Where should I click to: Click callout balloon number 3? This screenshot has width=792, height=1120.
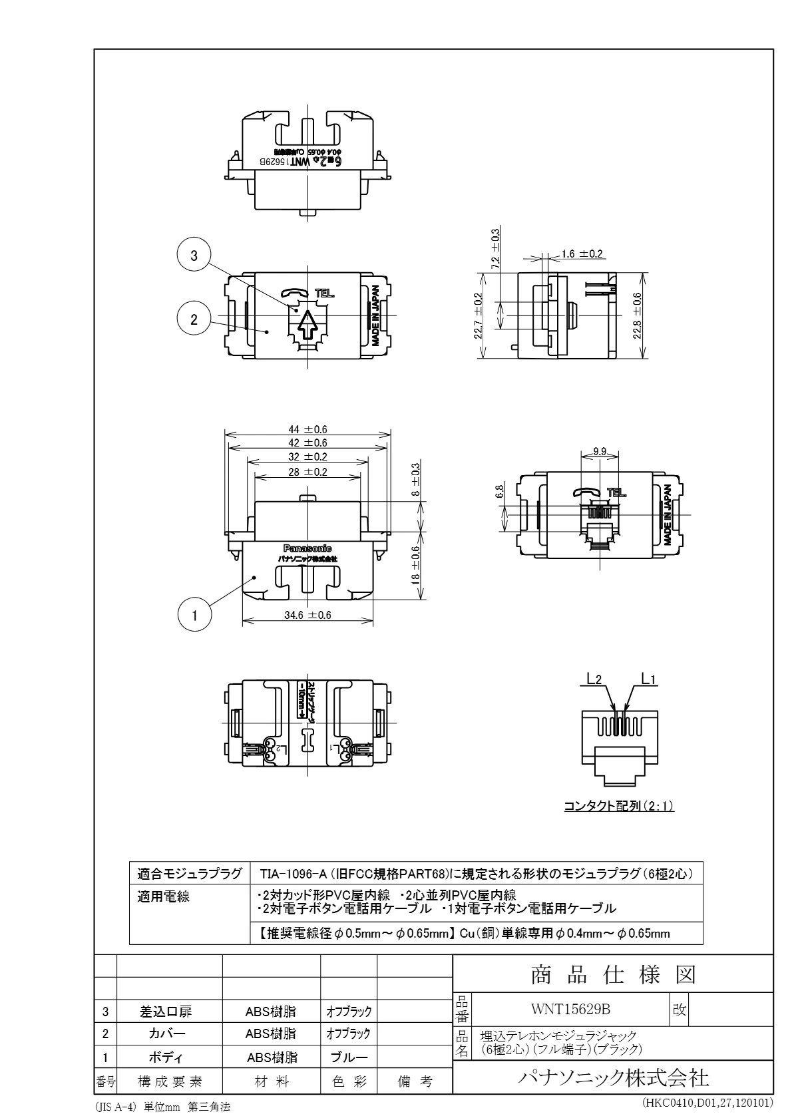(x=194, y=256)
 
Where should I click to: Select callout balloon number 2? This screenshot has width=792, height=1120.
(x=194, y=319)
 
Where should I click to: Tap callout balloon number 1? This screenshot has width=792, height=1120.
(x=195, y=616)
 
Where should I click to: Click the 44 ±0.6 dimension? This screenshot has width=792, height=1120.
(x=307, y=429)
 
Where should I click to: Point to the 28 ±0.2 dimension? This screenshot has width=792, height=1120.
(x=307, y=472)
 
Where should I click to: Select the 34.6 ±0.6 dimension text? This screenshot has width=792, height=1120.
(x=307, y=616)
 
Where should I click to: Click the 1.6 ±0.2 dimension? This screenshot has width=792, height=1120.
(x=581, y=254)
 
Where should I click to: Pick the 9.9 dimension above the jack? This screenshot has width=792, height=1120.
(x=599, y=452)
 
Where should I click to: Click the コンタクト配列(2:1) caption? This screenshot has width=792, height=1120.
(x=619, y=807)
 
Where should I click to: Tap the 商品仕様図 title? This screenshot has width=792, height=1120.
(x=612, y=975)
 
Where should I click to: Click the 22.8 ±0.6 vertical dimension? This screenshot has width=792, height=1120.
(x=638, y=315)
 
